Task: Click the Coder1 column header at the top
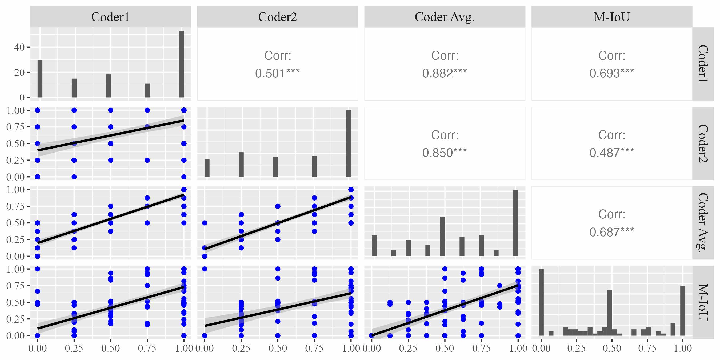click(x=110, y=17)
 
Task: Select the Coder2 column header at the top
click(x=277, y=17)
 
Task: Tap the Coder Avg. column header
click(x=445, y=17)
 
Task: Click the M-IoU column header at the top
click(x=611, y=17)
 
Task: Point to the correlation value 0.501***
click(x=277, y=73)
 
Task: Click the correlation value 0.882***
click(x=445, y=73)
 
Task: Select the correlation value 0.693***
click(x=611, y=73)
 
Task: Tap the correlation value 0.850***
click(x=445, y=153)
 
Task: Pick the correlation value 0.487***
click(x=611, y=153)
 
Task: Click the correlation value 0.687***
click(x=611, y=232)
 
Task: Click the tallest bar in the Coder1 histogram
click(x=181, y=64)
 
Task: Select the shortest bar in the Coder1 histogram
click(x=147, y=91)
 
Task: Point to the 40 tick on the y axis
click(x=19, y=47)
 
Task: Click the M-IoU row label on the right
click(x=703, y=302)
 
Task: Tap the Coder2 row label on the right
click(x=703, y=143)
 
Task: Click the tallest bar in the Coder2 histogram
click(x=349, y=143)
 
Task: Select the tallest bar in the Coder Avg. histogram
click(x=516, y=223)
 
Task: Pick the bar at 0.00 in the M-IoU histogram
click(x=541, y=302)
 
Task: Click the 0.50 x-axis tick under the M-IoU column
click(x=611, y=348)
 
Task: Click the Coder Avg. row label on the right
click(x=703, y=223)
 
